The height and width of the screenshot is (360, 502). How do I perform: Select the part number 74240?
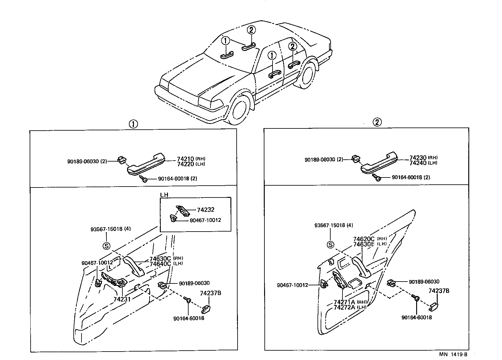click(x=418, y=163)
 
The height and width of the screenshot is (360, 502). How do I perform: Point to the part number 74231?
click(x=122, y=299)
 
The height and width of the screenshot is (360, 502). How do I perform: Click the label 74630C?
click(x=160, y=259)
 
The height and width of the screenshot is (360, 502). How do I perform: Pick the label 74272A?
click(x=344, y=307)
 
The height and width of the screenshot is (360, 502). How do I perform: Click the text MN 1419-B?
click(x=453, y=354)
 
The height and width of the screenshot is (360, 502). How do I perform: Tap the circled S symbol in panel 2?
click(x=330, y=245)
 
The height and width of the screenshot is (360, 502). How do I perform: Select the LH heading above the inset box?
click(x=164, y=195)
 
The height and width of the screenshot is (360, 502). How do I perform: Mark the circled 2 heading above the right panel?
click(x=377, y=122)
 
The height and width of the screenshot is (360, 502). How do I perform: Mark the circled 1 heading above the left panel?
click(x=133, y=124)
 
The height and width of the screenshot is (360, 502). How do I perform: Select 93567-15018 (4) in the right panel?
click(x=333, y=225)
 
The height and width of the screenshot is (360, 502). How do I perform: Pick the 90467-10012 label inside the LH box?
click(x=205, y=220)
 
